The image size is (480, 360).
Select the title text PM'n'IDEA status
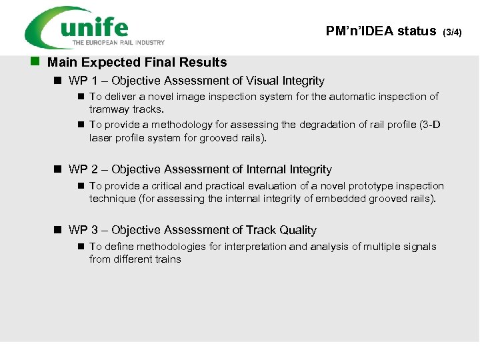tap(381, 31)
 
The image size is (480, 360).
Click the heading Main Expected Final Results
tap(137, 63)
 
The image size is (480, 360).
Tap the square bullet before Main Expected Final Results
tap(35, 62)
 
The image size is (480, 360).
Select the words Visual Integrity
tap(285, 81)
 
